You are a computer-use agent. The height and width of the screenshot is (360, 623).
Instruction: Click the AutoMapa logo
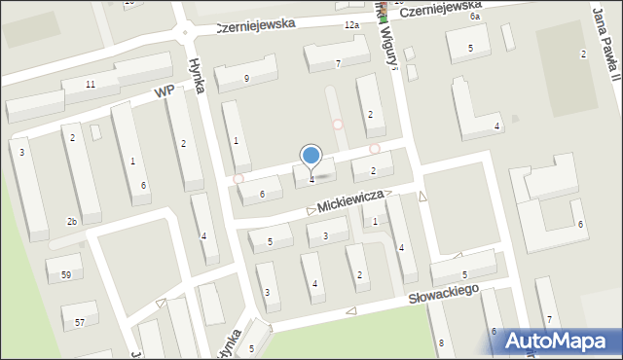[566, 341]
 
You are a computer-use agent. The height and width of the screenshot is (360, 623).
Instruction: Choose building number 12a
[350, 24]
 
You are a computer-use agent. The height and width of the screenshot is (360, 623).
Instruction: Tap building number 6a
[475, 17]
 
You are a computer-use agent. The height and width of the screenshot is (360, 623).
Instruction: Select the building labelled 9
[246, 78]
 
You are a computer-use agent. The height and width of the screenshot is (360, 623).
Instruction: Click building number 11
[90, 85]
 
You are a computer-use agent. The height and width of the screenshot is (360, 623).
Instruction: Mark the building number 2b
[71, 222]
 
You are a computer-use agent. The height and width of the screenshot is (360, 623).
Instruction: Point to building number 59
[65, 275]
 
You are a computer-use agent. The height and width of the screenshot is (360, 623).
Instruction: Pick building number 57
[80, 321]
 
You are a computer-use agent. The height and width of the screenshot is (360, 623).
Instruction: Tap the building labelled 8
[441, 342]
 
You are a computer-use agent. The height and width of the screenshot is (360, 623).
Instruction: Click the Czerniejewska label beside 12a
[255, 26]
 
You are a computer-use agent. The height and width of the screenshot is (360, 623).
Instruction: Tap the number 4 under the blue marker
[311, 179]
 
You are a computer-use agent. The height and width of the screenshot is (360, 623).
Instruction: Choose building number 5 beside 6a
[470, 48]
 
